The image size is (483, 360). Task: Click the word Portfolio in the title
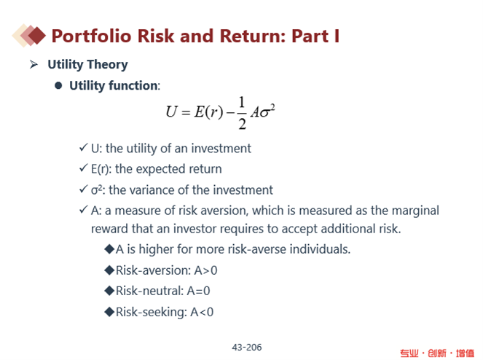91,36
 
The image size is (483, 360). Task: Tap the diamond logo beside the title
28,36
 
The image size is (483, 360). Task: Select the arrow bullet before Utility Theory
34,64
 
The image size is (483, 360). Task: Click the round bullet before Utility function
58,85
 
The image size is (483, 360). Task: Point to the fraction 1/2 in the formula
242,113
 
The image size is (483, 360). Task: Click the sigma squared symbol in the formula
267,111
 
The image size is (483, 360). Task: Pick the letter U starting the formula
172,111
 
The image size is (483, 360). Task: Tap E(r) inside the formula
208,111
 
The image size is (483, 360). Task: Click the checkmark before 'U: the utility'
84,147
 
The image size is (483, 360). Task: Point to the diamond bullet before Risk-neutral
109,291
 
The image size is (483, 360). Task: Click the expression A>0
205,270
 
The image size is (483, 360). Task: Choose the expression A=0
198,291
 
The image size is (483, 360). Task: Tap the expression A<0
202,312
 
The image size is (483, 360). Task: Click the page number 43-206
247,348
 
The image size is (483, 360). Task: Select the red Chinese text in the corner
437,353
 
